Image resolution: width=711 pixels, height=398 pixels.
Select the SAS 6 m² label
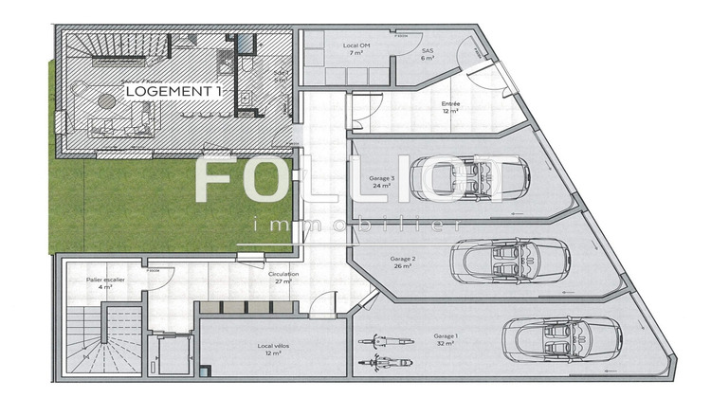(x=427, y=54)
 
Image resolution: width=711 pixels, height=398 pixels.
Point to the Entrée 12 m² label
(x=450, y=108)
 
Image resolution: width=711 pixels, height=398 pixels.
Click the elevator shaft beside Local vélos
(x=171, y=361)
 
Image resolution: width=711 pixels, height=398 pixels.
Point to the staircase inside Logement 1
(x=95, y=49)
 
